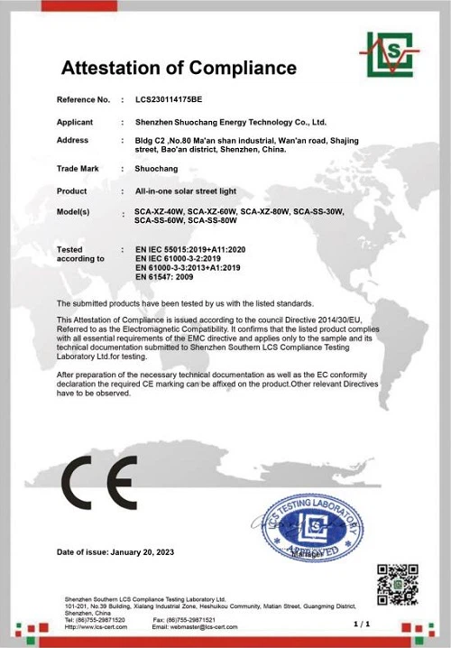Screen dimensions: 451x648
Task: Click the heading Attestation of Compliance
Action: click(178, 68)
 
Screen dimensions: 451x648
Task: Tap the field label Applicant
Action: click(75, 120)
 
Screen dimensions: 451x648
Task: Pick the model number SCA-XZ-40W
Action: click(159, 211)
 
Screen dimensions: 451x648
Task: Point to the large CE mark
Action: click(98, 484)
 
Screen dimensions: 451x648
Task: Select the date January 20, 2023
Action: click(143, 551)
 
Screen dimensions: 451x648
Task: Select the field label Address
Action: click(72, 141)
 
